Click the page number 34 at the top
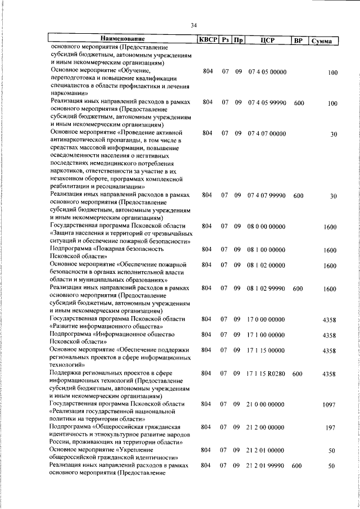pos(193,25)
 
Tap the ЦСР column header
pos(267,40)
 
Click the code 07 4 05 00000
pos(267,73)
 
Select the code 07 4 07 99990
pos(267,195)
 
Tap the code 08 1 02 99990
pos(267,288)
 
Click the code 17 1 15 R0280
pos(267,373)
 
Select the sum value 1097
pos(329,405)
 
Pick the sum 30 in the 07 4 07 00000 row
pos(333,134)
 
